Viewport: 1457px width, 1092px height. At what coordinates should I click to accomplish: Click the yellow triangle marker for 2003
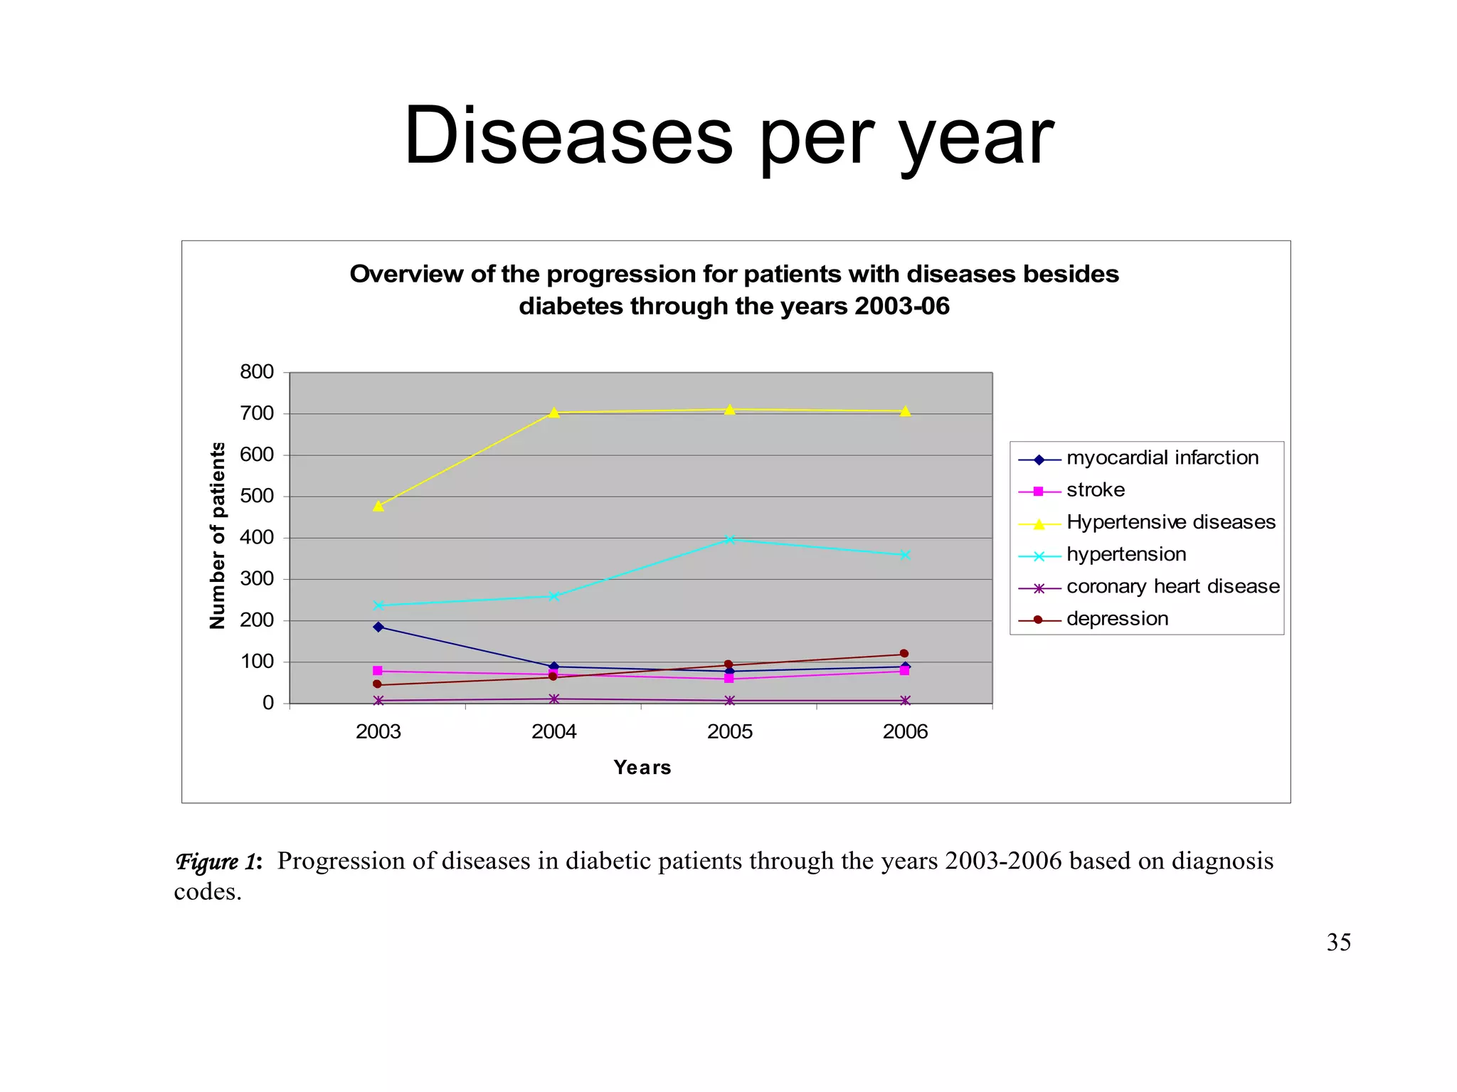click(378, 506)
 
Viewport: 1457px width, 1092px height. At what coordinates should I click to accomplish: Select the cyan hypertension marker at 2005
click(729, 540)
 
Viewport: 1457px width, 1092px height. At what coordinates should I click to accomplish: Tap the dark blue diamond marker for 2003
click(378, 627)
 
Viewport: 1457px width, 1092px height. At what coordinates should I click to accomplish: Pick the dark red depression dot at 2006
click(904, 654)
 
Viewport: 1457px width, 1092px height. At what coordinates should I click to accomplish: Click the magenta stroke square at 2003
click(377, 671)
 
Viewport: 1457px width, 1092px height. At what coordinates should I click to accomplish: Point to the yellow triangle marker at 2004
click(554, 413)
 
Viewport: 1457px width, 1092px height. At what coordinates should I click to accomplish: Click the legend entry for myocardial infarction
click(1162, 458)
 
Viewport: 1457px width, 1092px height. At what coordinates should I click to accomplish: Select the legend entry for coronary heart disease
click(1172, 587)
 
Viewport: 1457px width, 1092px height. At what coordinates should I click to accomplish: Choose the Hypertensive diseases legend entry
click(1170, 523)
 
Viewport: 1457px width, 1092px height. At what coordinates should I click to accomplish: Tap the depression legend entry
click(1117, 619)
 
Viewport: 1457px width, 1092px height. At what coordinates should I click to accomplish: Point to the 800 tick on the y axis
click(257, 372)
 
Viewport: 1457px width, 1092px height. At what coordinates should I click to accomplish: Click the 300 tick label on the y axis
click(257, 579)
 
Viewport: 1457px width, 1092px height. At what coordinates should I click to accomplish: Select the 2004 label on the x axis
click(553, 732)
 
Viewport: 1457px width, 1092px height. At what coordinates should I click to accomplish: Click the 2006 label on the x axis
click(905, 732)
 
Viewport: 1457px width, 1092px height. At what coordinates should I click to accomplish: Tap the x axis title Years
click(642, 768)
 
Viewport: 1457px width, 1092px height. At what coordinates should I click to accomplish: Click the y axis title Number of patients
click(218, 536)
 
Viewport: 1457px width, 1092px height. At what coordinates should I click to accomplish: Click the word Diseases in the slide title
click(568, 136)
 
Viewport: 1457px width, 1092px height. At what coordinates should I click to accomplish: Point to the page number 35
click(1338, 943)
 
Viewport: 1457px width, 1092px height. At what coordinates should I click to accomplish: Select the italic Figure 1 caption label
click(218, 862)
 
